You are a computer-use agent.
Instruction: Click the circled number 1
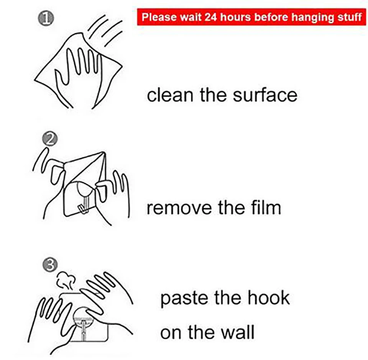click(x=46, y=18)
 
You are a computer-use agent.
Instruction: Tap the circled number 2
click(x=50, y=139)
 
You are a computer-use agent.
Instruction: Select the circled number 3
click(x=50, y=265)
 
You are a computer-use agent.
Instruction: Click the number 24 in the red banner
click(x=210, y=17)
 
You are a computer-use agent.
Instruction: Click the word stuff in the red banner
click(x=350, y=17)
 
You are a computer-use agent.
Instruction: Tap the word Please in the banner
click(x=159, y=17)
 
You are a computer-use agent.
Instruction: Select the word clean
click(x=170, y=95)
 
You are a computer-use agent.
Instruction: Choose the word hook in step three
click(x=269, y=297)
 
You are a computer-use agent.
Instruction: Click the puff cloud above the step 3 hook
click(x=66, y=280)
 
